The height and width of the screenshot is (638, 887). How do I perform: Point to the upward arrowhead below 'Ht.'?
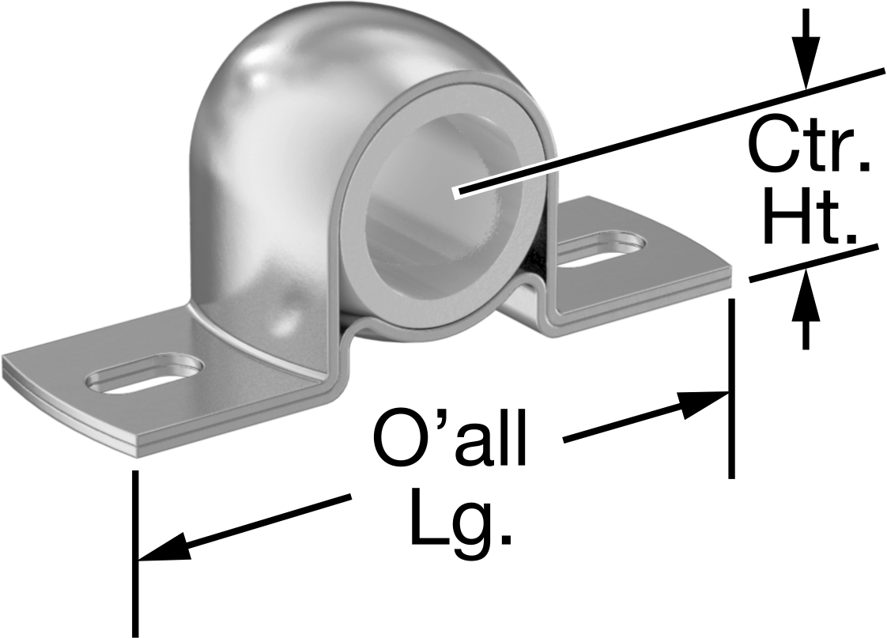[x=806, y=295]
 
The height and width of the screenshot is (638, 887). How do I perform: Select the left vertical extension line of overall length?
[x=135, y=553]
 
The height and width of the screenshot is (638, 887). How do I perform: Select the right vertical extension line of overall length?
[x=731, y=389]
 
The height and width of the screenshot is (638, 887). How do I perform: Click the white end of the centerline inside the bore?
[x=457, y=194]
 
